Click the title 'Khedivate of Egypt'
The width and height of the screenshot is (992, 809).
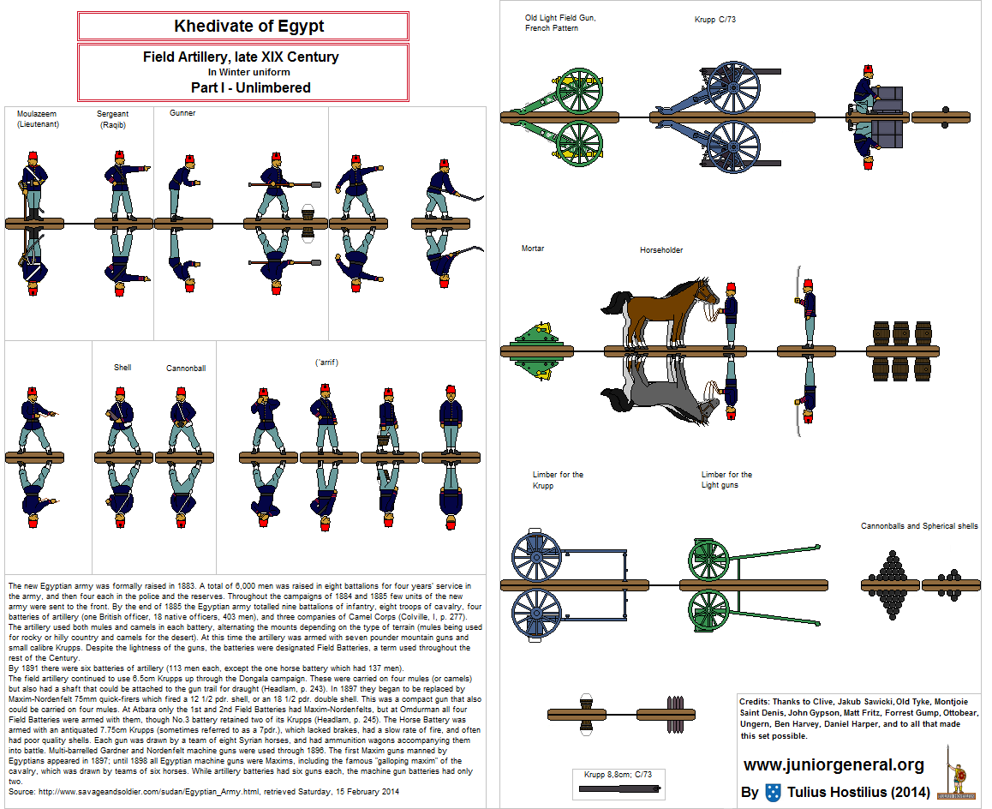click(x=248, y=26)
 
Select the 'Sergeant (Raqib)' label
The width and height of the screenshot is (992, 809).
click(x=112, y=119)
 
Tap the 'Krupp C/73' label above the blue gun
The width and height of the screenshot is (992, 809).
click(x=714, y=19)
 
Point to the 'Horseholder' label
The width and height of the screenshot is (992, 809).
click(x=661, y=250)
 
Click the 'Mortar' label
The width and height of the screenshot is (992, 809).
click(x=533, y=249)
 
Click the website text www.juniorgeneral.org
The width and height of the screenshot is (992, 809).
click(x=834, y=764)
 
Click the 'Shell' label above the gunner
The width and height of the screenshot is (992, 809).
click(x=123, y=368)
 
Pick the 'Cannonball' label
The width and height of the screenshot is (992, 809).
click(x=186, y=369)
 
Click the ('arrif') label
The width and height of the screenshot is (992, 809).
click(x=326, y=363)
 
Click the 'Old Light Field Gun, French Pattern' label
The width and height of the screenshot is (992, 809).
click(x=560, y=23)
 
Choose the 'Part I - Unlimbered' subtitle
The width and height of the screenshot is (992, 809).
click(x=250, y=87)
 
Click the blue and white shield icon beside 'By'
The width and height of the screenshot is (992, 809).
click(x=773, y=792)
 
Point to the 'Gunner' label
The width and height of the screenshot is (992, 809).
click(x=182, y=113)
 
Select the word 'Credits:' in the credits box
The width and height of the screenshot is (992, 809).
click(x=758, y=701)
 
